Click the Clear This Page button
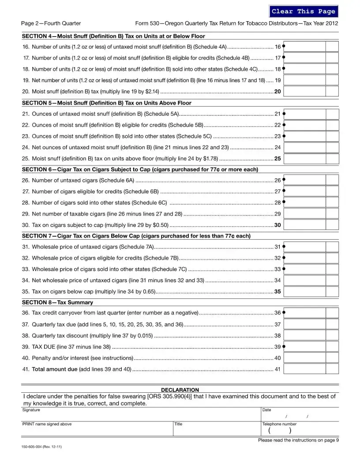(x=303, y=11)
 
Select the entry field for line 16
(x=305, y=47)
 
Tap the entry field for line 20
(x=305, y=91)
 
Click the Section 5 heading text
(x=106, y=103)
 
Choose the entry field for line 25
(x=305, y=158)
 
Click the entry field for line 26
(x=305, y=180)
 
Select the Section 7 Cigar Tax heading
(x=136, y=236)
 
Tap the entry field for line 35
(x=305, y=292)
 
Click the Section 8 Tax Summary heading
(x=57, y=302)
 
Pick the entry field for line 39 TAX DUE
(x=305, y=346)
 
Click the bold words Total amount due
(x=55, y=369)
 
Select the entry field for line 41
(x=305, y=369)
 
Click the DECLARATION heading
(x=180, y=390)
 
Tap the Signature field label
(x=31, y=410)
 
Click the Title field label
(x=178, y=424)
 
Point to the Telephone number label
(x=279, y=424)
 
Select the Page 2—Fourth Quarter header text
(x=51, y=23)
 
